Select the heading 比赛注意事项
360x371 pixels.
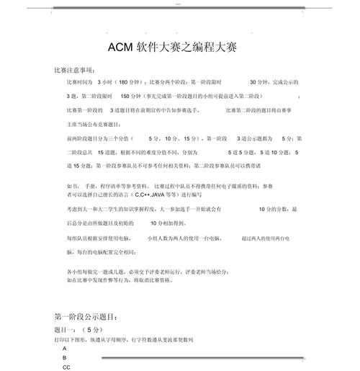tap(74, 70)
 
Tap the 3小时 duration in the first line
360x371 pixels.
tap(104, 82)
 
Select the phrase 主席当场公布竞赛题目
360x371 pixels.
tap(97, 124)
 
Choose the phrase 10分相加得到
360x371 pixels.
tap(165, 223)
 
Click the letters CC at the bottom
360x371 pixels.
tap(66, 367)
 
